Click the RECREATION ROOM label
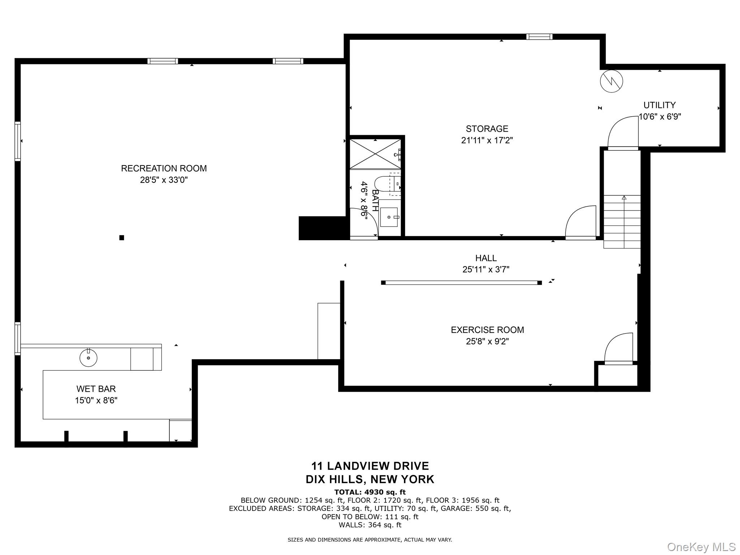click(x=164, y=168)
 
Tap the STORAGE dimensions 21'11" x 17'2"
click(x=487, y=140)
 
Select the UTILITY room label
click(x=659, y=105)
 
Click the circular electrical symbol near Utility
click(x=611, y=81)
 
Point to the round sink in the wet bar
click(x=88, y=358)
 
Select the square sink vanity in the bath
click(x=389, y=217)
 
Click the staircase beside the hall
click(x=622, y=221)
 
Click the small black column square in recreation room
click(x=122, y=237)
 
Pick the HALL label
click(x=486, y=258)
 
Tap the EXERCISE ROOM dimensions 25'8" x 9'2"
click(x=487, y=341)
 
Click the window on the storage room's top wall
click(x=539, y=36)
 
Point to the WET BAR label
click(x=96, y=389)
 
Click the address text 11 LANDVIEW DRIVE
click(x=370, y=466)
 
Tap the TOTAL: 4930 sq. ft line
click(x=370, y=492)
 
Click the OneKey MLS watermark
click(x=701, y=547)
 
